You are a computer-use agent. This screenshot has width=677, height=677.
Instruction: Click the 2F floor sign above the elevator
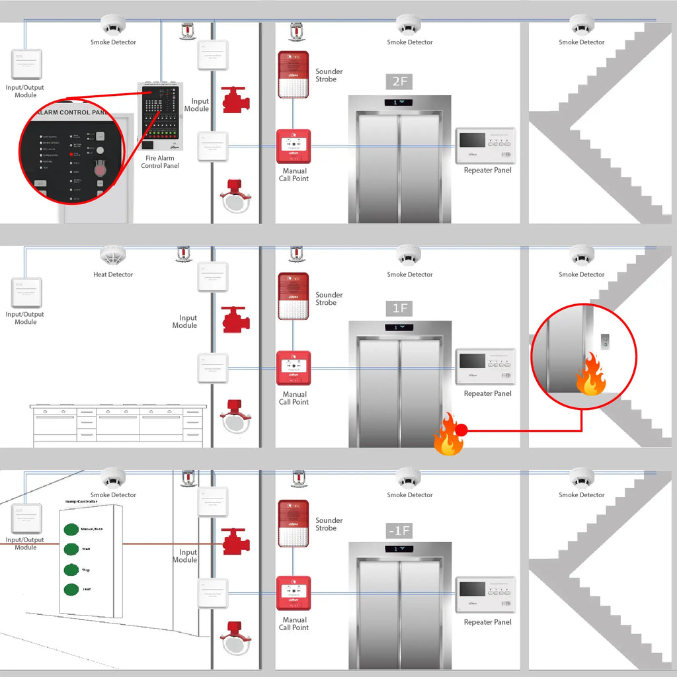399,82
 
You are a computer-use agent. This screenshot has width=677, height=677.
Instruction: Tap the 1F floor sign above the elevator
399,308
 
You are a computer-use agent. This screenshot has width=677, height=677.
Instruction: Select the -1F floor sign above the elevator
399,530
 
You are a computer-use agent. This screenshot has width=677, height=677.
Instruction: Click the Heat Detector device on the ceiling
113,255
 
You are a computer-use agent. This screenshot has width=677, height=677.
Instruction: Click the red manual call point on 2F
294,145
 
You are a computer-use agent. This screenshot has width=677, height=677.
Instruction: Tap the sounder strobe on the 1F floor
294,296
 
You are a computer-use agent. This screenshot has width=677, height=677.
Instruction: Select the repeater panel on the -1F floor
486,594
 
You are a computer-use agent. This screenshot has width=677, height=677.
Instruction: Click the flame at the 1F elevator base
447,435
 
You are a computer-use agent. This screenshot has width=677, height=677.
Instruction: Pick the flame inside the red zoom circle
590,375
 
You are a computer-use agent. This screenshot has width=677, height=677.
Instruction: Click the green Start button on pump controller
70,549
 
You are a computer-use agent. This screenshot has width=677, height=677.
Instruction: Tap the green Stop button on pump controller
70,569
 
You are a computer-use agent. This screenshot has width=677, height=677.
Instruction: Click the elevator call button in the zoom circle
604,340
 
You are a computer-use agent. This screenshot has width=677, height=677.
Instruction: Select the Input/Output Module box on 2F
26,64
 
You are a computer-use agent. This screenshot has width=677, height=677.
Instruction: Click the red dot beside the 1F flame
462,430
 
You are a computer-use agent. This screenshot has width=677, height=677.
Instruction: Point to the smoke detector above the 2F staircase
581,25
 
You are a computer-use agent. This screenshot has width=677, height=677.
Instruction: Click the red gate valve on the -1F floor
235,541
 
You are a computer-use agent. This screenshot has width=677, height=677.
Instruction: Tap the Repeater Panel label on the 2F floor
487,170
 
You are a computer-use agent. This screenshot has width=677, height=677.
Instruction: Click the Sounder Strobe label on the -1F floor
329,524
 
